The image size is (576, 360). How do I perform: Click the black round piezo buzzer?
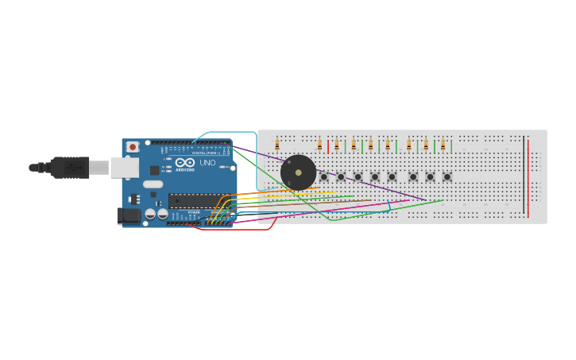(298, 172)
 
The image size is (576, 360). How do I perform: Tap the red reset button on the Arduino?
(133, 147)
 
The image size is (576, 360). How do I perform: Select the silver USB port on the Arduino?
(124, 168)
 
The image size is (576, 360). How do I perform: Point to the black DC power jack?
(126, 215)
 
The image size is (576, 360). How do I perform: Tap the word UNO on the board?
(207, 163)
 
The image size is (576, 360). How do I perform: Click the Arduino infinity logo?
(184, 161)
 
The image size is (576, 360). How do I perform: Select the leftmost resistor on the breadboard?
(277, 145)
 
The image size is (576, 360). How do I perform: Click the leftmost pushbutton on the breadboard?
(323, 176)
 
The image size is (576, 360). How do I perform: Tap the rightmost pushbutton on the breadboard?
(447, 176)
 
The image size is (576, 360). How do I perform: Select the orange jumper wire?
(262, 192)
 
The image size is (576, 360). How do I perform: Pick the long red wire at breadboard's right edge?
(528, 179)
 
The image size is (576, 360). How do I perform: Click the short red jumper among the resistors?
(328, 146)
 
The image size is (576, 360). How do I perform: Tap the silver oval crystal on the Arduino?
(153, 184)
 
